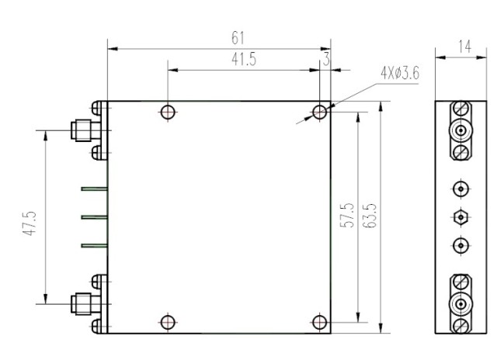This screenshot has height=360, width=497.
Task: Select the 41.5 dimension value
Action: tap(245, 60)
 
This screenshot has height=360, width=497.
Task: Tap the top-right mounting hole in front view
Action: tap(319, 112)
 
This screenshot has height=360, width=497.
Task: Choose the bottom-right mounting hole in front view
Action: tap(319, 321)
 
